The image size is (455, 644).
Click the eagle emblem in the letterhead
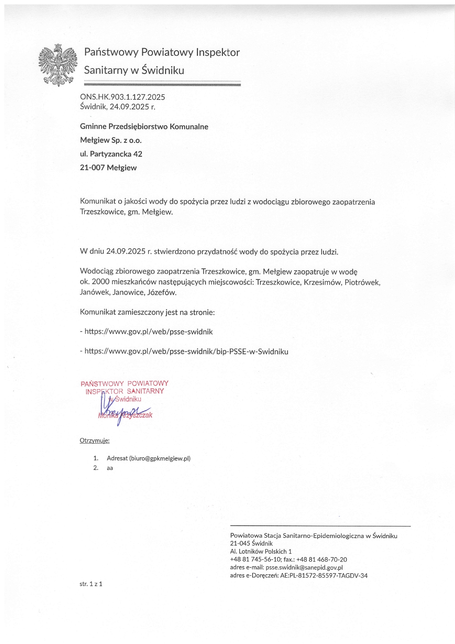[x=58, y=65]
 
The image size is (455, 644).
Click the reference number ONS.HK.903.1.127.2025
[x=122, y=97]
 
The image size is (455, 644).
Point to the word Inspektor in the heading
[x=218, y=53]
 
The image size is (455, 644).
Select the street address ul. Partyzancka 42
[x=111, y=154]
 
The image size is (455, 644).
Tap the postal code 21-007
[x=92, y=168]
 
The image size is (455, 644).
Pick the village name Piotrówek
[x=362, y=282]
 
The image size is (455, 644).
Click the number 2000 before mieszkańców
[x=100, y=282]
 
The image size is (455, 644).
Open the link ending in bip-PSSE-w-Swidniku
[x=186, y=351]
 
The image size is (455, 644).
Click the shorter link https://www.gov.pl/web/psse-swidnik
[x=148, y=332]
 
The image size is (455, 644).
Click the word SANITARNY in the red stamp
[x=145, y=391]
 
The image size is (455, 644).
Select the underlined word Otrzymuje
[x=94, y=441]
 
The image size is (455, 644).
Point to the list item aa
[x=110, y=468]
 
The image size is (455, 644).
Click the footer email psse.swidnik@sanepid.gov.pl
[x=304, y=567]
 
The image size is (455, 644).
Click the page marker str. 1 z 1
[x=91, y=584]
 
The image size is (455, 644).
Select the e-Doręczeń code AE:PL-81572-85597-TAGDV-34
[x=324, y=575]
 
